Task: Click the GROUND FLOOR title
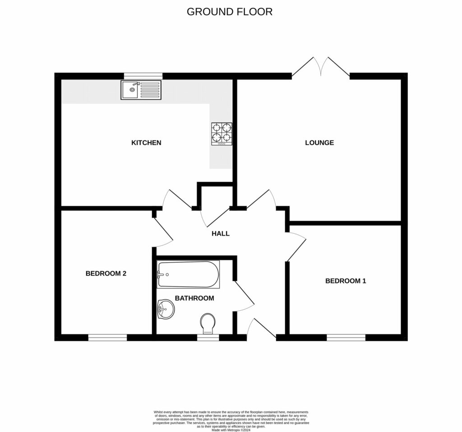230,12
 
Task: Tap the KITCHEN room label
146,143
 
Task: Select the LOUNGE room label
319,143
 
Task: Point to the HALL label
221,233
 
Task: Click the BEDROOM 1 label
346,281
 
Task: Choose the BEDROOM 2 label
106,273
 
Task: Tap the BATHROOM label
194,298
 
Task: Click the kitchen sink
141,90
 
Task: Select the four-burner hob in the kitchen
222,134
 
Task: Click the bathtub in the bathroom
188,274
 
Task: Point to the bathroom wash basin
166,309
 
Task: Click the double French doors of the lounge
321,68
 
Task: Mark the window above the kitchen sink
143,76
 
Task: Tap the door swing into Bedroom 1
296,246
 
